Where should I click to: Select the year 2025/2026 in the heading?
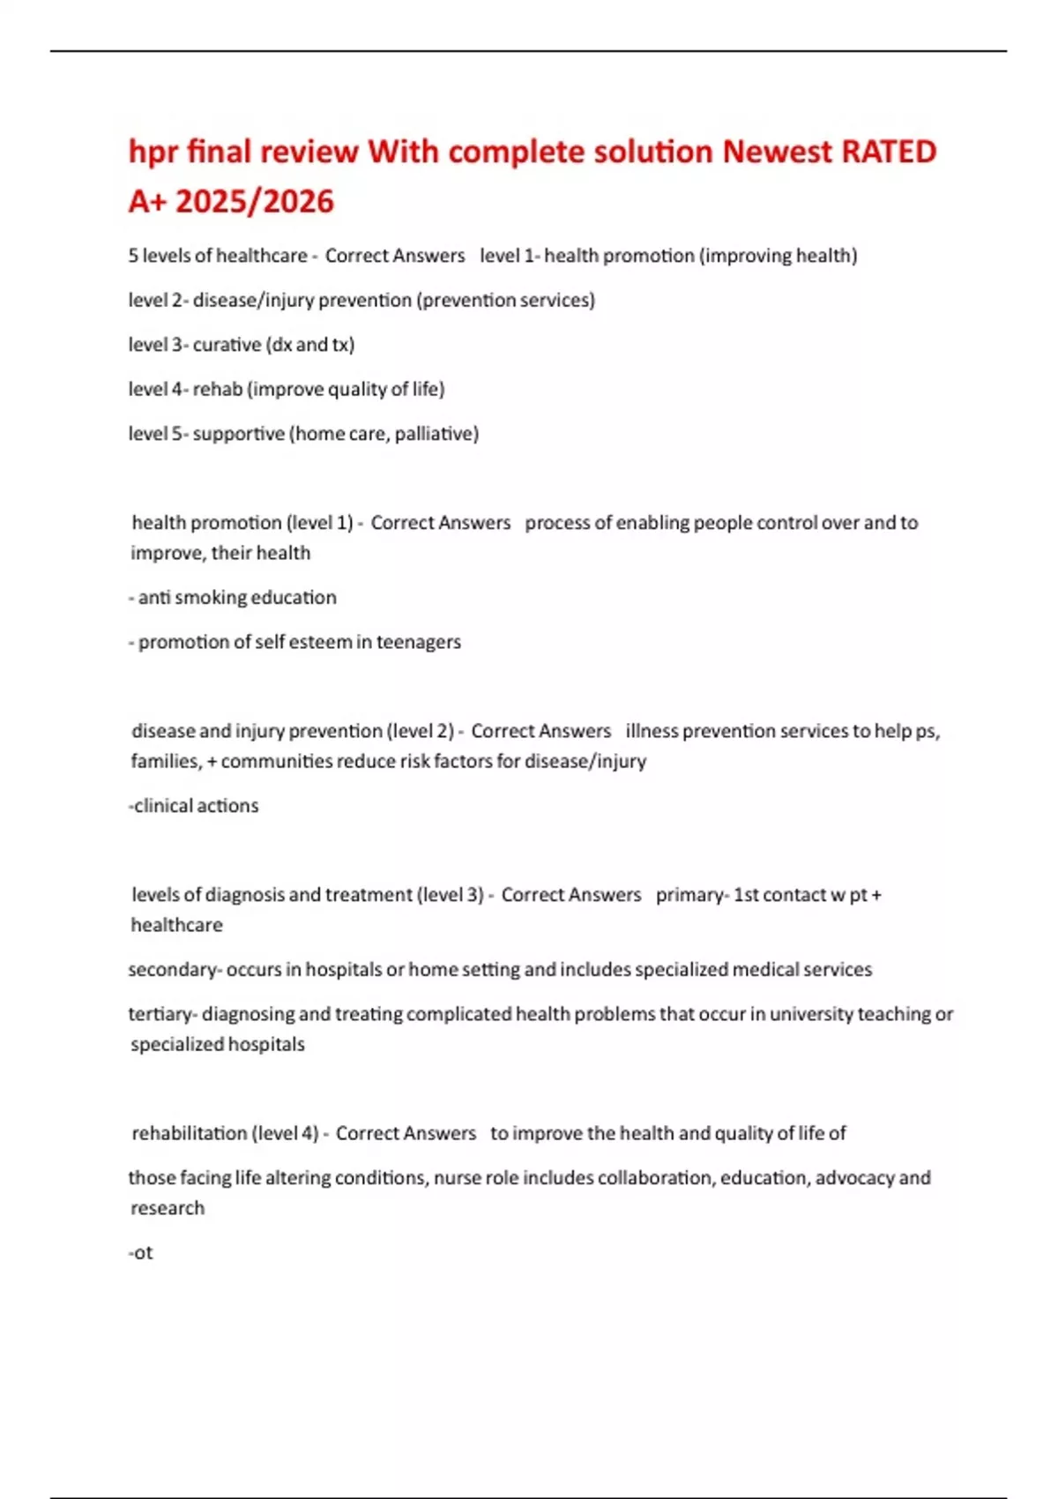pyautogui.click(x=255, y=202)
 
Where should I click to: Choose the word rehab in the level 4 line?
pyautogui.click(x=217, y=389)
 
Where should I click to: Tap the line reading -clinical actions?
pyautogui.click(x=193, y=806)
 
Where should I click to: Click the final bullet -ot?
pyautogui.click(x=141, y=1253)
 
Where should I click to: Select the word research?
pyautogui.click(x=168, y=1208)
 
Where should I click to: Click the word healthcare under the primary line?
pyautogui.click(x=176, y=925)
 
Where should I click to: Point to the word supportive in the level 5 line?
pyautogui.click(x=238, y=434)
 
